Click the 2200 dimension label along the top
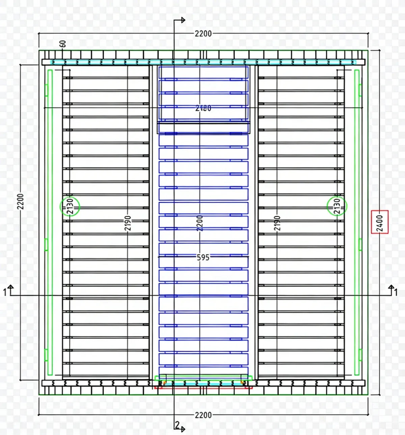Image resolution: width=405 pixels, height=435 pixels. click(x=203, y=33)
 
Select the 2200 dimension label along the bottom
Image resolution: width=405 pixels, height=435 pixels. click(x=203, y=415)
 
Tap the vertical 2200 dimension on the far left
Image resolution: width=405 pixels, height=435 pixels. click(x=21, y=201)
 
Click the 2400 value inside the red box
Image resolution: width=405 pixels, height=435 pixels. click(x=380, y=222)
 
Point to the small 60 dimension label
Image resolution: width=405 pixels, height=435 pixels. click(x=63, y=44)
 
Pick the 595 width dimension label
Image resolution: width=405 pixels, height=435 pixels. click(x=203, y=257)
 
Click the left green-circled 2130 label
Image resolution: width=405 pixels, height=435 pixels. click(x=70, y=206)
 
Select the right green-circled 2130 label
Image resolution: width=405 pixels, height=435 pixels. click(x=337, y=206)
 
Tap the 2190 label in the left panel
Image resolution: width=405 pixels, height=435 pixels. click(x=128, y=223)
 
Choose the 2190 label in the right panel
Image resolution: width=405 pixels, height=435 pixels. click(x=277, y=223)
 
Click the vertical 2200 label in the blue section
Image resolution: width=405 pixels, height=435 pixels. click(x=200, y=223)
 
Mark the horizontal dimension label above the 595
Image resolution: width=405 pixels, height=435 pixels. click(x=203, y=108)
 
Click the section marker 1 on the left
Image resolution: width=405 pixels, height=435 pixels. click(x=5, y=292)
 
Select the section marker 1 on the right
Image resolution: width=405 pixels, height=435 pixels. click(x=396, y=292)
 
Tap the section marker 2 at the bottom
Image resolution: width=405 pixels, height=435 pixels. click(x=178, y=425)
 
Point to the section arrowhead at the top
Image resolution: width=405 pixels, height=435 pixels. click(x=183, y=20)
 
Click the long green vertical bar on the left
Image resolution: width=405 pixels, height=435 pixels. click(x=50, y=222)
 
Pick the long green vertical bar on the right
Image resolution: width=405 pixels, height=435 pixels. click(x=357, y=222)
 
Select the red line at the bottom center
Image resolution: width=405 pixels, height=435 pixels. click(x=203, y=388)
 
